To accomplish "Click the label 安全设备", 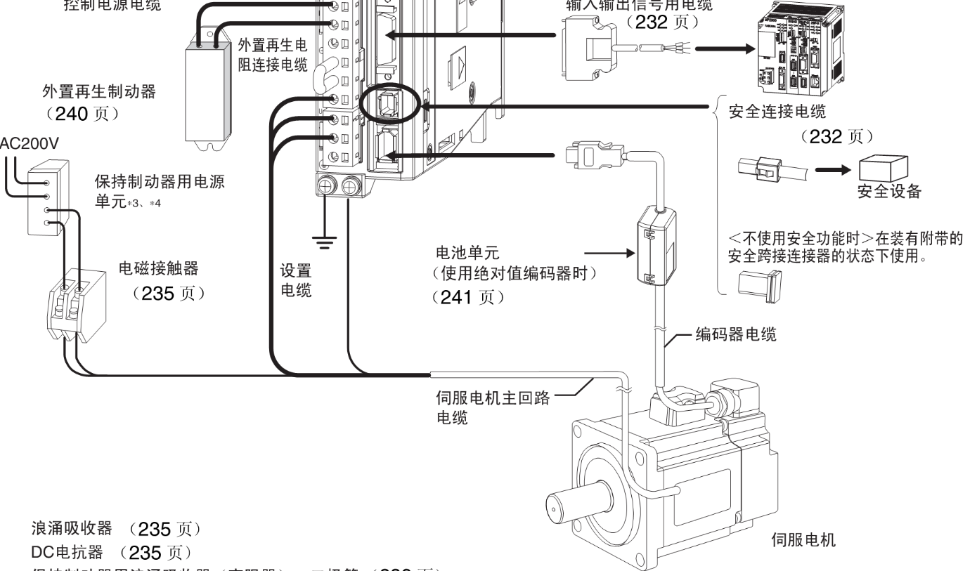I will point(888,192).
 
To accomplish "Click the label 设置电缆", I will point(295,282).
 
